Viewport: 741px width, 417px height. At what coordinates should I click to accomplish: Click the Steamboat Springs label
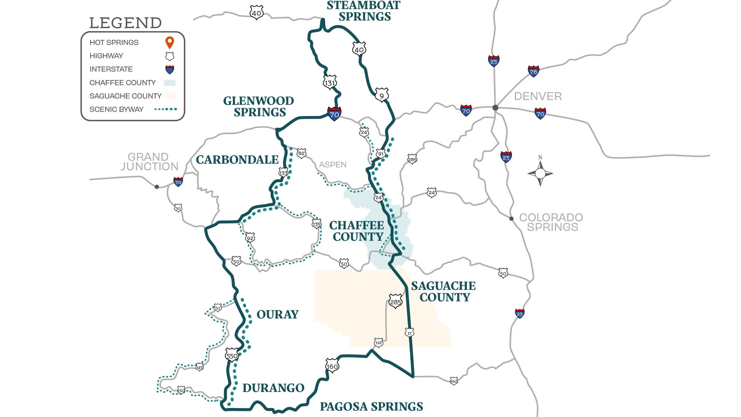point(364,11)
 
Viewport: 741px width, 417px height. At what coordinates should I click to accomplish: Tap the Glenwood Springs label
point(259,106)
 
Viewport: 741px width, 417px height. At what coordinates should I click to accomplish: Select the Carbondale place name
point(237,159)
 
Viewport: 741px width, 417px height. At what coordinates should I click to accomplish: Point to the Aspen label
point(333,165)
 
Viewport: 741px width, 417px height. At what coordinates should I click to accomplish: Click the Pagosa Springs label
point(371,406)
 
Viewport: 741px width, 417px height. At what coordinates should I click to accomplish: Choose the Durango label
point(273,388)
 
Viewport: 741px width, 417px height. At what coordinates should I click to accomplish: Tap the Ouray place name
point(278,314)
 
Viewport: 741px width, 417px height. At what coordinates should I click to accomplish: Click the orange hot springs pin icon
point(170,42)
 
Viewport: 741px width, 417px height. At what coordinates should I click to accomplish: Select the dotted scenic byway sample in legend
point(166,109)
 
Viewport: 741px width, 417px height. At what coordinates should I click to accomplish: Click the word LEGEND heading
point(125,23)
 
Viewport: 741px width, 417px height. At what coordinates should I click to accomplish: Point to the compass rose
point(540,173)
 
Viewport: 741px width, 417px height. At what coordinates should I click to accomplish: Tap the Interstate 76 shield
point(533,71)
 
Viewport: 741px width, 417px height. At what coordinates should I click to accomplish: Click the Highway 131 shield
point(330,82)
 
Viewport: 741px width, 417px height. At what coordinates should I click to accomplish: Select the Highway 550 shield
point(232,355)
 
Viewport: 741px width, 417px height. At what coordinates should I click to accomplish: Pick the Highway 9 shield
point(382,95)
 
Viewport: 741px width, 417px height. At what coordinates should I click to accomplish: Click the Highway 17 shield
point(409,333)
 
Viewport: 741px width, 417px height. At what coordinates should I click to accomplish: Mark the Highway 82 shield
point(301,153)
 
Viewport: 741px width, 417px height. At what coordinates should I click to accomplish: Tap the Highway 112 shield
point(379,342)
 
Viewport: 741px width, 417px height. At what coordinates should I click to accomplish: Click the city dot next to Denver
point(495,107)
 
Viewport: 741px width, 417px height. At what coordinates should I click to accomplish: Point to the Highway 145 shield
point(199,367)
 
